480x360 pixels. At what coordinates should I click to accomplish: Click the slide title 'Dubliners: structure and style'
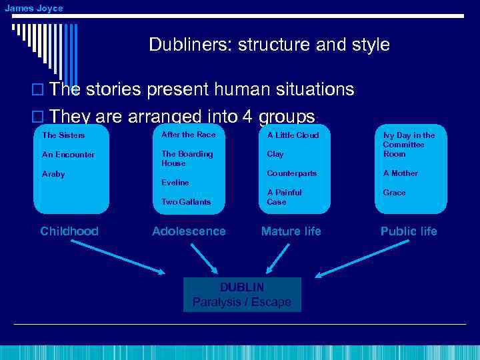click(269, 45)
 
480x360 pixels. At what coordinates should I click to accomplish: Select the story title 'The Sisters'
click(63, 135)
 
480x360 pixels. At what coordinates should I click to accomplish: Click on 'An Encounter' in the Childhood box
click(68, 155)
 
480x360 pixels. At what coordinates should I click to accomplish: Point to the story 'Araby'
click(53, 174)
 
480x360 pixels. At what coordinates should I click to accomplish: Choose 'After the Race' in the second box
click(189, 135)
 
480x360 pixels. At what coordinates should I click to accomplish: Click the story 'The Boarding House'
click(187, 159)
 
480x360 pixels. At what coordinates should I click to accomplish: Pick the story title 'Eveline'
click(175, 182)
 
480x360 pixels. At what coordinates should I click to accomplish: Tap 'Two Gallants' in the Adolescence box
click(186, 201)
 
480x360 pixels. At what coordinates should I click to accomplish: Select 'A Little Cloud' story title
click(293, 135)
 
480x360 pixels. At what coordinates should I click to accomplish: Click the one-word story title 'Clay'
click(275, 154)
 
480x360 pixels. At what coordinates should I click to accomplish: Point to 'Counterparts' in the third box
click(291, 173)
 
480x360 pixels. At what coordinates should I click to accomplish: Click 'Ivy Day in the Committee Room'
click(408, 145)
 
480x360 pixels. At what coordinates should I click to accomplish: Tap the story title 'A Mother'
click(400, 173)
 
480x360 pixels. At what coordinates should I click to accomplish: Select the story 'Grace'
click(394, 193)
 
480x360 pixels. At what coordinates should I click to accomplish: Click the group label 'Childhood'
click(69, 231)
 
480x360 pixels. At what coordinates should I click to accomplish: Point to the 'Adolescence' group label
click(189, 231)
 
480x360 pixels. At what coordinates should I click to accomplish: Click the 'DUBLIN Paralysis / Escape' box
click(242, 295)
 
